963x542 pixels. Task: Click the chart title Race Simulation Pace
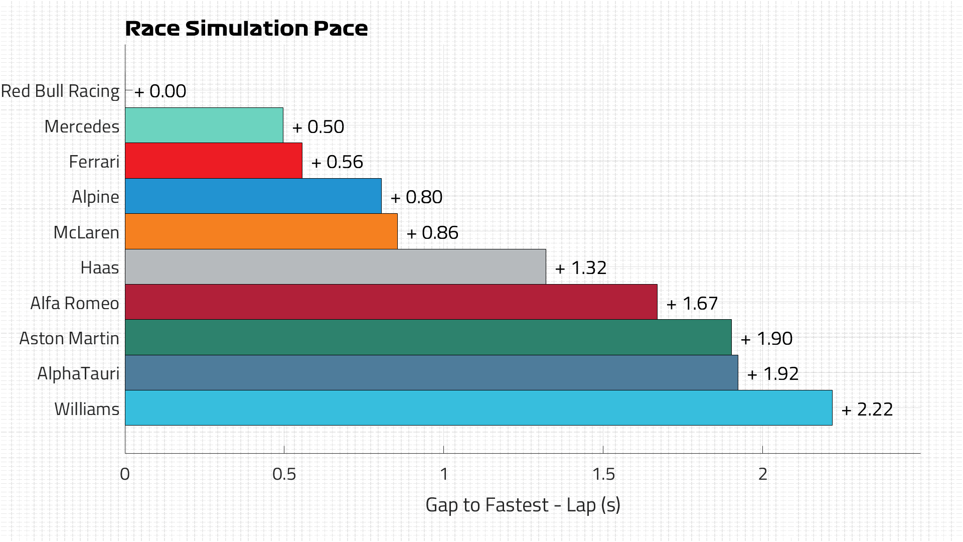click(x=246, y=29)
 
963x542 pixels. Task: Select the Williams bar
click(x=478, y=408)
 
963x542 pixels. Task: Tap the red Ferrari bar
click(x=214, y=161)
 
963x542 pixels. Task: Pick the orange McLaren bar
click(x=261, y=231)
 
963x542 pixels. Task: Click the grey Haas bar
click(x=335, y=266)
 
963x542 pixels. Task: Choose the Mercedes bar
click(x=204, y=125)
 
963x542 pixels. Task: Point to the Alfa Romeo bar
click(x=391, y=302)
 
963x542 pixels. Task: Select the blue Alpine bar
click(x=253, y=196)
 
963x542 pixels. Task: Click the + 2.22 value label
click(x=867, y=410)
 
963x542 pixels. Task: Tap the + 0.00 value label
click(x=160, y=91)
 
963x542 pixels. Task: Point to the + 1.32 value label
click(x=581, y=268)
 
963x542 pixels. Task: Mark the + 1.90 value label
click(x=766, y=339)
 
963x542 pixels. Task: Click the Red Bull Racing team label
click(x=60, y=91)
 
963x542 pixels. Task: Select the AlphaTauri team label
click(x=78, y=374)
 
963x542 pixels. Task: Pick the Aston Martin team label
click(x=69, y=339)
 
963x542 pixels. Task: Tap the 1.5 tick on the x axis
click(x=603, y=474)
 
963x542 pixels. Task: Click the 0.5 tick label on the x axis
click(x=284, y=474)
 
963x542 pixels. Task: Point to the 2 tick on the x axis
click(x=762, y=474)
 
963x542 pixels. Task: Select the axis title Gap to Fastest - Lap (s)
click(x=523, y=505)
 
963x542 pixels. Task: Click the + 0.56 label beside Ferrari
click(x=337, y=162)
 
